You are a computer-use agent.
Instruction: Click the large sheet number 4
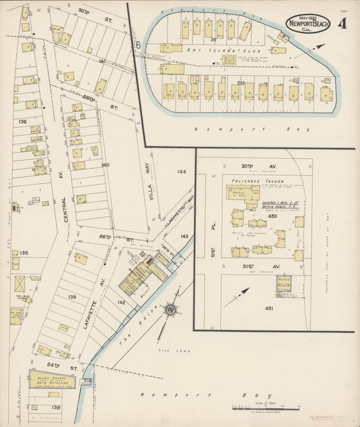(343, 24)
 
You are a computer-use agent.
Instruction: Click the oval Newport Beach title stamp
(308, 22)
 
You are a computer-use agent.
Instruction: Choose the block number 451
(268, 308)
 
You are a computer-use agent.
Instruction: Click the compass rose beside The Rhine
(171, 309)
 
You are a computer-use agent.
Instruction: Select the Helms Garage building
(51, 379)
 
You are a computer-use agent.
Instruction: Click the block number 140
(105, 164)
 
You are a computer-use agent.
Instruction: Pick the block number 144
(182, 172)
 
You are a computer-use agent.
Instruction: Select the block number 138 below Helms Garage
(55, 407)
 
